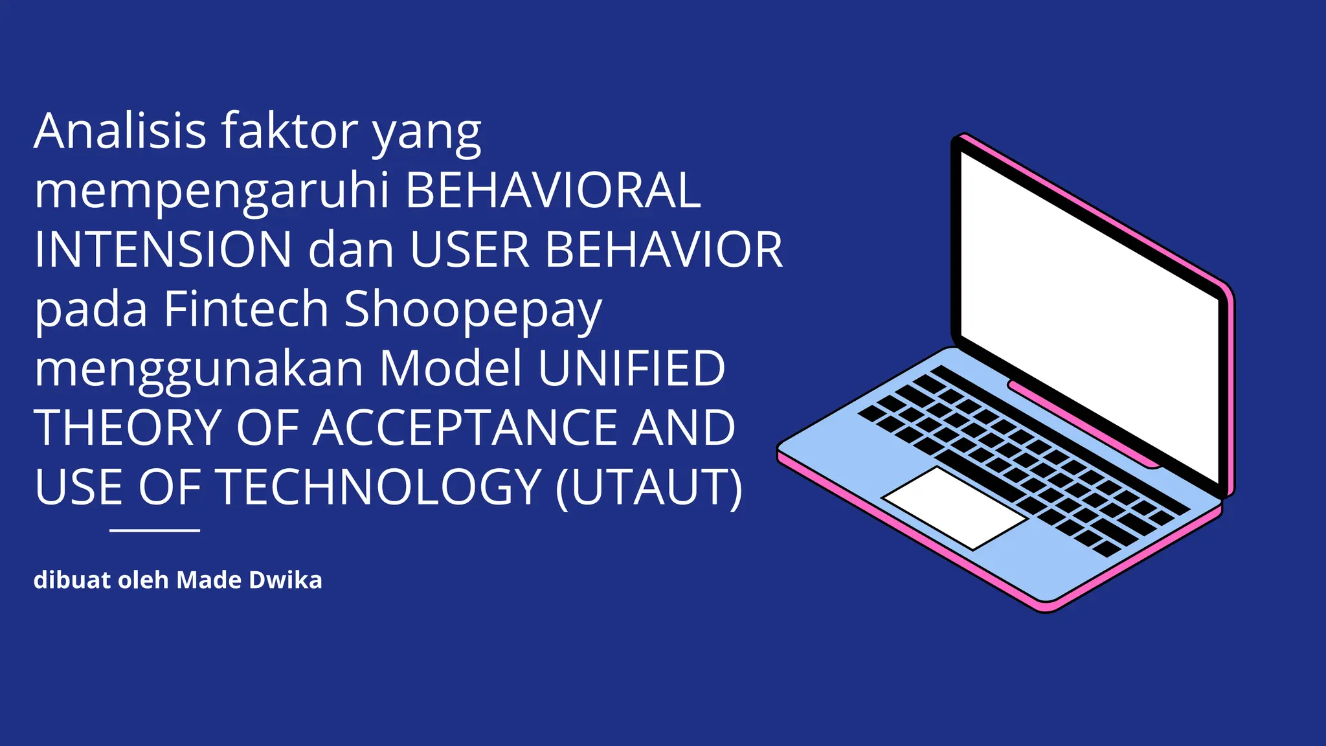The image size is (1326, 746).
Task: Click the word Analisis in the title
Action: click(x=120, y=131)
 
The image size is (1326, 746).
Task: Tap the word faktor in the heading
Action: click(x=289, y=131)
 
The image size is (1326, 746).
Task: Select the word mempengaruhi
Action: click(x=212, y=192)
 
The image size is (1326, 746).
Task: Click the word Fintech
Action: click(x=246, y=309)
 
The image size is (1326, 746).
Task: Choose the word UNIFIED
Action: click(x=631, y=368)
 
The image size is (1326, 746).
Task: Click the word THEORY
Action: click(x=128, y=428)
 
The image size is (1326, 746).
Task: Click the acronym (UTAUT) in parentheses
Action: click(x=649, y=487)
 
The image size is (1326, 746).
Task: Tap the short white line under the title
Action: click(x=155, y=530)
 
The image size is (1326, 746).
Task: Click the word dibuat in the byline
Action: click(x=72, y=580)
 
